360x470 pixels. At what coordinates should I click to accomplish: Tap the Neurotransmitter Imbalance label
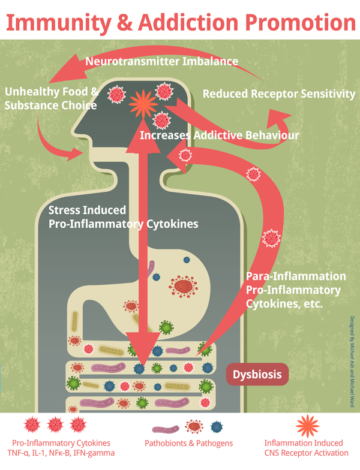point(161,61)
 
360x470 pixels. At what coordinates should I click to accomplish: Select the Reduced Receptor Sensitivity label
point(279,94)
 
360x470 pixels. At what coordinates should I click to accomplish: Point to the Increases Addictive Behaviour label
point(219,135)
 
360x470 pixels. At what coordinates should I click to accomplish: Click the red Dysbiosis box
point(257,375)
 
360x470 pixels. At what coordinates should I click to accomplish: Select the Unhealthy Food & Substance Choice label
point(50,98)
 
